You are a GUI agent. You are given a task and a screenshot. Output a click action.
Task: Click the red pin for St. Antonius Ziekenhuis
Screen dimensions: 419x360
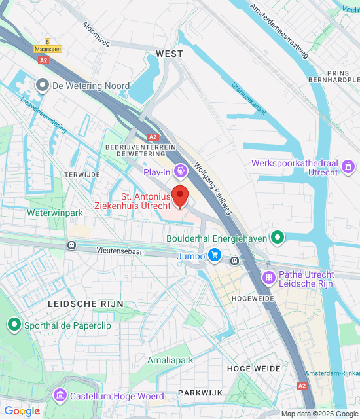coord(180,196)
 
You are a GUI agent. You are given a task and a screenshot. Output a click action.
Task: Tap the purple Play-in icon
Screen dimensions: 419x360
coord(180,172)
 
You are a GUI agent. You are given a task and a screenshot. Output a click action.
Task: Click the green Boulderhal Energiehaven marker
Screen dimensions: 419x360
coord(278,238)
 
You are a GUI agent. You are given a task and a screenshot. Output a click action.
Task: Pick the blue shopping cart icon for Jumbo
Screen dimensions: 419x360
coord(214,255)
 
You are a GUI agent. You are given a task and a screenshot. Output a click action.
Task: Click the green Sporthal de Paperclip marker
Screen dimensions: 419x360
coord(14,324)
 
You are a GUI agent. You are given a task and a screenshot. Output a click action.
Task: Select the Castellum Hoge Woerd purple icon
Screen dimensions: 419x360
coord(60,395)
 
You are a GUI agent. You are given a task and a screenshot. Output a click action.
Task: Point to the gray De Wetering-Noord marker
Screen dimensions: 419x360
coord(43,86)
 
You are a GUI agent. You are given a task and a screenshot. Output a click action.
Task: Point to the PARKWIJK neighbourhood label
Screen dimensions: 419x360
coord(200,392)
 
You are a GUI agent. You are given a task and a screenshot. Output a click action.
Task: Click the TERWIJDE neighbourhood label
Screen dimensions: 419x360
coord(81,175)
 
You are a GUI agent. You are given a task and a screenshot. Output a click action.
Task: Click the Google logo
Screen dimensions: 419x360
coord(22,411)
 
